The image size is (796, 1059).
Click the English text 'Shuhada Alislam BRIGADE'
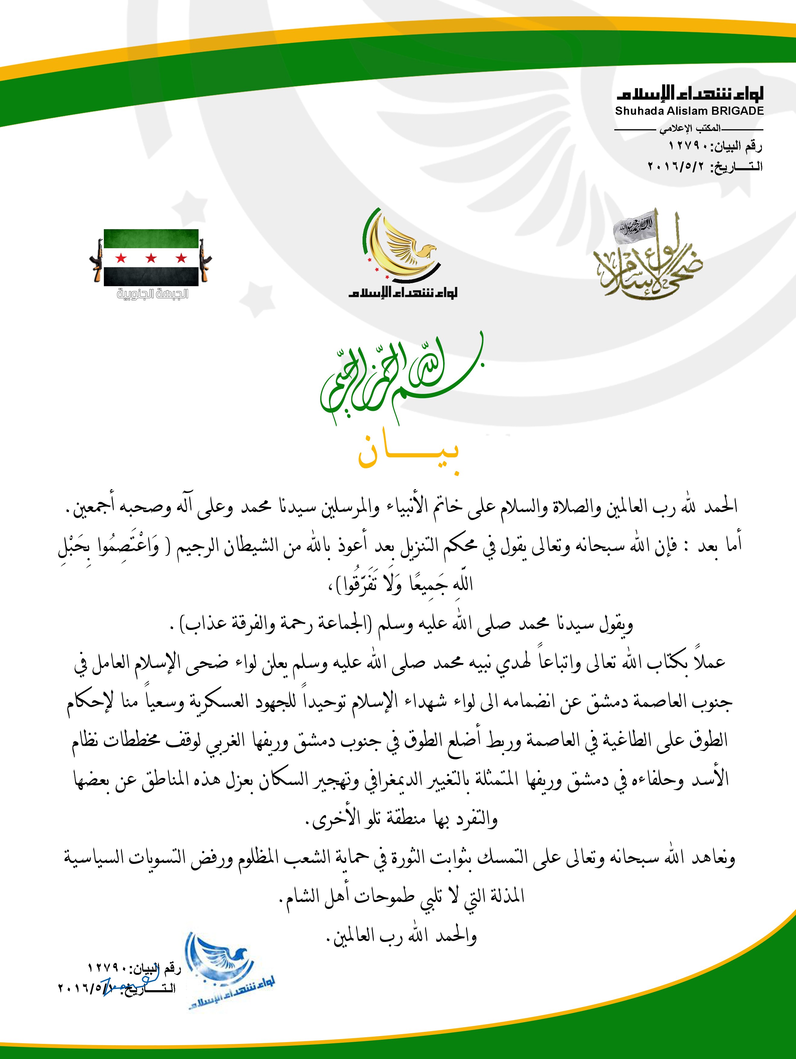pyautogui.click(x=689, y=111)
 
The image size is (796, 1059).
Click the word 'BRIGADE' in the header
pyautogui.click(x=737, y=111)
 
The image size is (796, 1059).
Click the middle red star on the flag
pyautogui.click(x=151, y=258)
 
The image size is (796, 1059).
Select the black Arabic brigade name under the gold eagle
pyautogui.click(x=403, y=293)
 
